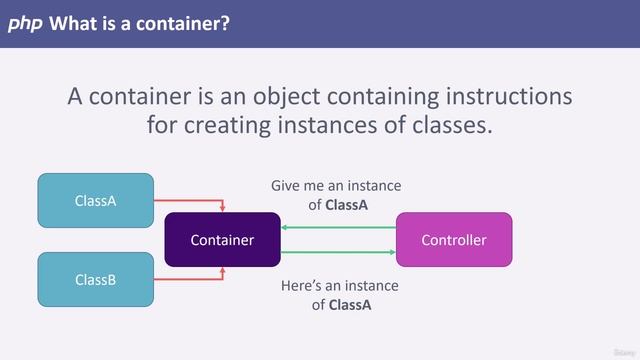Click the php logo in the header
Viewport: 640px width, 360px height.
(25, 22)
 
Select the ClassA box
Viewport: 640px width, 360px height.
(96, 200)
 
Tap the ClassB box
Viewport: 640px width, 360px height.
(96, 279)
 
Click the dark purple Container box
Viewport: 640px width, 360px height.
(222, 240)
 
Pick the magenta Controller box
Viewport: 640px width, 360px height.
(453, 240)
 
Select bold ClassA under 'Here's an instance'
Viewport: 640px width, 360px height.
(349, 305)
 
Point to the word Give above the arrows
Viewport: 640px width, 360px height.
(287, 186)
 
